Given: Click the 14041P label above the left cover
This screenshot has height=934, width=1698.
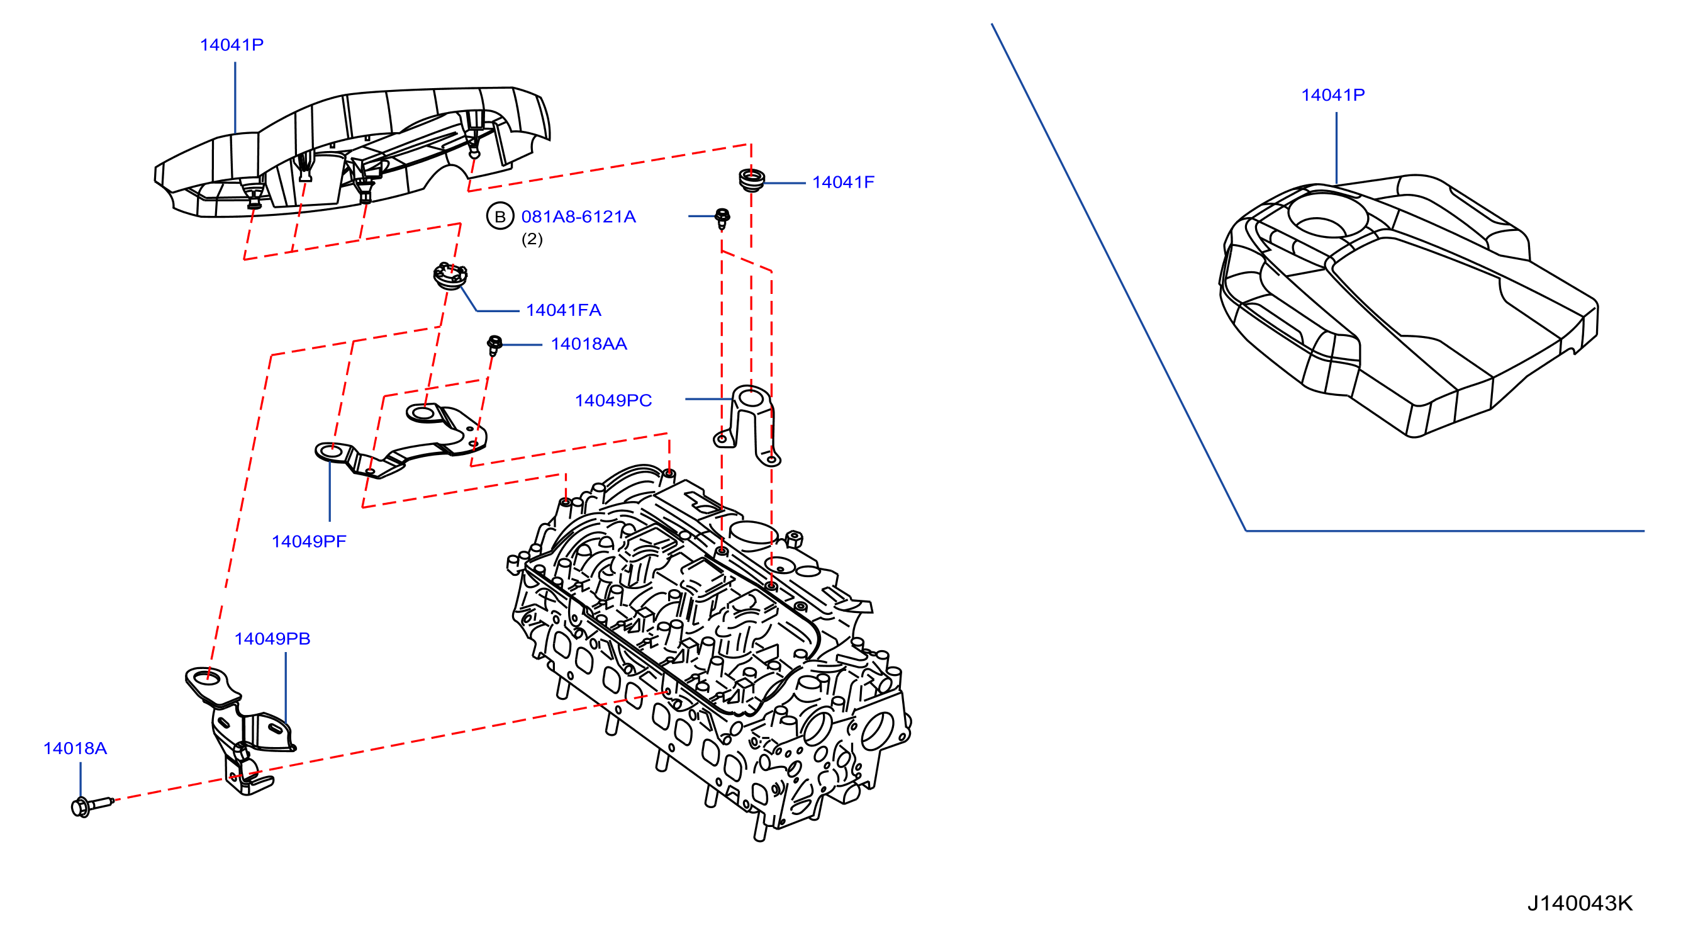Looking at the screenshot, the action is click(x=232, y=45).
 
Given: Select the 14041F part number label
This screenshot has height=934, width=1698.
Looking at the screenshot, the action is click(x=842, y=182).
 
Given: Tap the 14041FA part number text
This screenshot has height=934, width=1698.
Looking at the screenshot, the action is click(x=563, y=310).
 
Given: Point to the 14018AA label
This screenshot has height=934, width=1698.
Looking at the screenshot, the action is click(x=589, y=344).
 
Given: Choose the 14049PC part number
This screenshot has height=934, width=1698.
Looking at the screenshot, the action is click(x=613, y=400).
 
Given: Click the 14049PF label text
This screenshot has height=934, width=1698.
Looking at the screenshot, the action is click(x=308, y=541).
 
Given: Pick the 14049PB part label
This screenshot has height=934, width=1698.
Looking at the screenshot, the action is click(x=272, y=638).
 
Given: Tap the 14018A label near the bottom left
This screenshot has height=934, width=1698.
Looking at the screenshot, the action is click(x=74, y=748).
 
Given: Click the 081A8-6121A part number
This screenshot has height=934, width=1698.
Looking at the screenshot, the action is click(x=578, y=217).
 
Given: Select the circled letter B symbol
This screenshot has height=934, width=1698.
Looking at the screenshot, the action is click(x=500, y=217).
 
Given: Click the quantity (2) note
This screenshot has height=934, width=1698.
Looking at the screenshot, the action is click(x=532, y=239).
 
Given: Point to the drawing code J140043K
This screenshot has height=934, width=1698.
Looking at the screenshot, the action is click(x=1579, y=903).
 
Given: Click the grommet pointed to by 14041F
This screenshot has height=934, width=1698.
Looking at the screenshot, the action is click(x=751, y=180).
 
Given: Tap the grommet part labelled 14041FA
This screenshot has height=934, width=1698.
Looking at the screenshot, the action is click(x=450, y=276).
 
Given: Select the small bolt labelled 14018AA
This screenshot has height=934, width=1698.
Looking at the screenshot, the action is click(x=494, y=345).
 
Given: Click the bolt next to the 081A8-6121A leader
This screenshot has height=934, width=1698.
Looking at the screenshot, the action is click(x=722, y=218).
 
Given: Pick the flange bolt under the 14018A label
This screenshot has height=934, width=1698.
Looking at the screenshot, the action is click(x=91, y=806).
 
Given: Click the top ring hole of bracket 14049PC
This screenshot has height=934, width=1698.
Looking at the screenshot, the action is click(x=751, y=400).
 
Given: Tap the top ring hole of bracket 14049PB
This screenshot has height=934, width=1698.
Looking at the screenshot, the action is click(x=207, y=677).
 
